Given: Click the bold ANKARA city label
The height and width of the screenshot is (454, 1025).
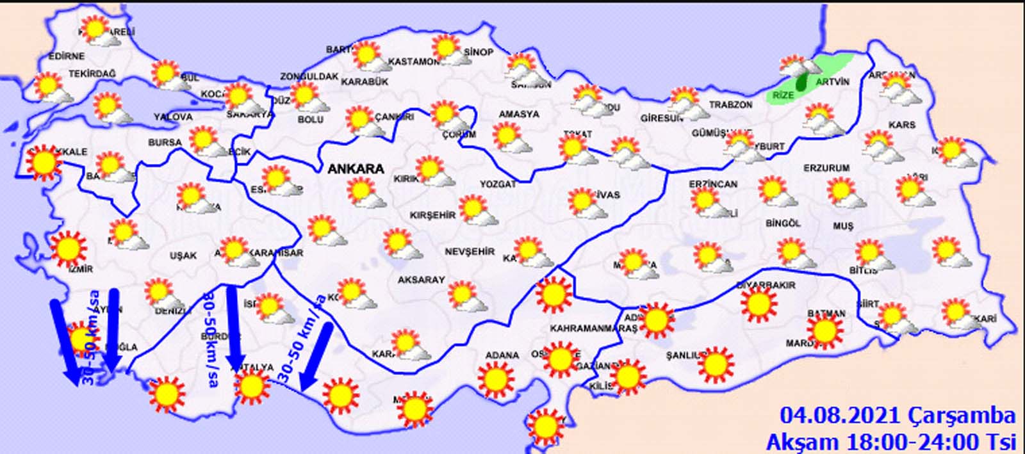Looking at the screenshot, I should (356, 169).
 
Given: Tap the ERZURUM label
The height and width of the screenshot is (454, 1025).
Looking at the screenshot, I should (826, 168).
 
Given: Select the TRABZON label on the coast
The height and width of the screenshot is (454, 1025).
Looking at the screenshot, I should (730, 104).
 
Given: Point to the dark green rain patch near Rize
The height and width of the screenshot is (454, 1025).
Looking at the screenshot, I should (801, 83).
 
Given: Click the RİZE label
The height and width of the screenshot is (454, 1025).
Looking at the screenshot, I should (783, 95).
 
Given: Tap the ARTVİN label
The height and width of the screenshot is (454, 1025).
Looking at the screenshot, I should (832, 82).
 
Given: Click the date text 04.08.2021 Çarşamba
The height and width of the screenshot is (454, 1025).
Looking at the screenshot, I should (898, 416).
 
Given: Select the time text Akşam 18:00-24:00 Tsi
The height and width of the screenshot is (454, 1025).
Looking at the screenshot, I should (891, 441).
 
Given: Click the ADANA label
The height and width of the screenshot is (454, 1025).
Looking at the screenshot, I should (502, 355).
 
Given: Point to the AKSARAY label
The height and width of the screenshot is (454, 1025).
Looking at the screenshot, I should (421, 280).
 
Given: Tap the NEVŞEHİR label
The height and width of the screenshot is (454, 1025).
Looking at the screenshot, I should (470, 252).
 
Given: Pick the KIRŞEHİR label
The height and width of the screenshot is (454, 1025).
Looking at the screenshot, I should (432, 215).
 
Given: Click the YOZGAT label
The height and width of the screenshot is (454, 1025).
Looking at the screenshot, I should (498, 184).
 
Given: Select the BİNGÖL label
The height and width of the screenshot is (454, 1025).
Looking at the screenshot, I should (783, 223).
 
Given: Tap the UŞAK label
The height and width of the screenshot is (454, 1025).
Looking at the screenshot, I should (183, 255).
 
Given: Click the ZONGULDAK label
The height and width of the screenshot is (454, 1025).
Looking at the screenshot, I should (309, 76).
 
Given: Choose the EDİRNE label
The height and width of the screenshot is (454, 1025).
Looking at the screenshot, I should (67, 56).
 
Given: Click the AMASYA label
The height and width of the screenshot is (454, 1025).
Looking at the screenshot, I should (519, 114).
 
